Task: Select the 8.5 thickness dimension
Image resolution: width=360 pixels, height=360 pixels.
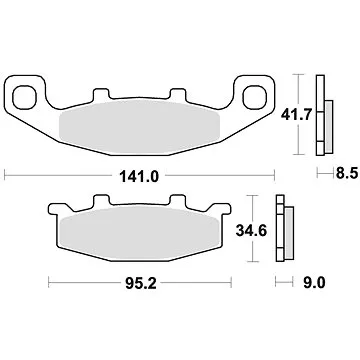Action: pyautogui.click(x=344, y=174)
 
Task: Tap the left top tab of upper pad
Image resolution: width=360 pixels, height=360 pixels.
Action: pyautogui.click(x=108, y=97)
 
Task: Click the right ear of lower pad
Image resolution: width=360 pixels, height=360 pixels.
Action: pyautogui.click(x=229, y=212)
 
